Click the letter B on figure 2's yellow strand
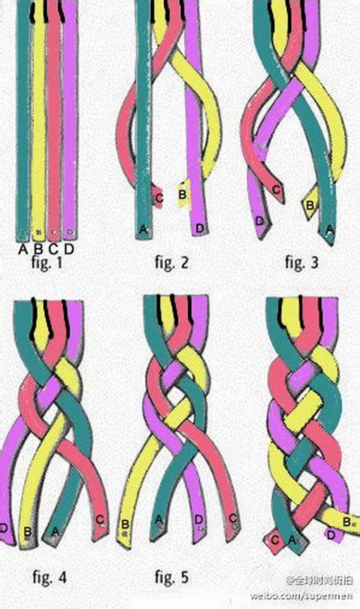(x=182, y=195)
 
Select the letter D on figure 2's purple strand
(x=199, y=229)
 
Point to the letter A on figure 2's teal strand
(x=144, y=230)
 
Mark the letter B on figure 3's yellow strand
(x=310, y=205)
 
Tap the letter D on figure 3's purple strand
(x=259, y=221)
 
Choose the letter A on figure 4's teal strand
(x=55, y=532)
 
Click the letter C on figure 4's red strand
(x=100, y=519)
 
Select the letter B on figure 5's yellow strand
(x=125, y=525)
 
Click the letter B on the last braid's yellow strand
(x=346, y=522)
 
